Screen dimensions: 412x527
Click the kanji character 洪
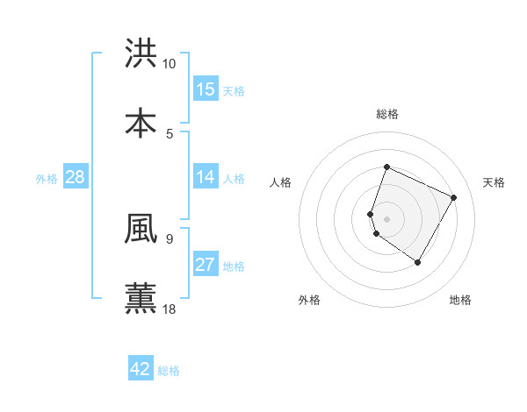[141, 53]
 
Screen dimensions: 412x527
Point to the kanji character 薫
[141, 297]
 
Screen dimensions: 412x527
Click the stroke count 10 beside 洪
[170, 64]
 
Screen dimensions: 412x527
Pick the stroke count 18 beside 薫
[170, 309]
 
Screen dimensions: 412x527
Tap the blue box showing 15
[206, 89]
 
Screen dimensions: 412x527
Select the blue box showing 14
[206, 177]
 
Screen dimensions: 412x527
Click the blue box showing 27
[206, 265]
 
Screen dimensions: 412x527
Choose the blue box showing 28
[76, 177]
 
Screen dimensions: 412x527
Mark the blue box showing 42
[141, 369]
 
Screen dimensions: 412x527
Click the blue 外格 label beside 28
[47, 179]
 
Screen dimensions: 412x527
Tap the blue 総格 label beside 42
[169, 371]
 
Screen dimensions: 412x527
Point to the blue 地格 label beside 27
[234, 266]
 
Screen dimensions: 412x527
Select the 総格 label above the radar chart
[387, 114]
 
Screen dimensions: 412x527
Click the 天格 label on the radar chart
[494, 182]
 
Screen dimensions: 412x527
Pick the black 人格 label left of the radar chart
[281, 182]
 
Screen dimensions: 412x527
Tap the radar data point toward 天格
[454, 197]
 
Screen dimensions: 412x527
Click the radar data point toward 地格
[418, 262]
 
